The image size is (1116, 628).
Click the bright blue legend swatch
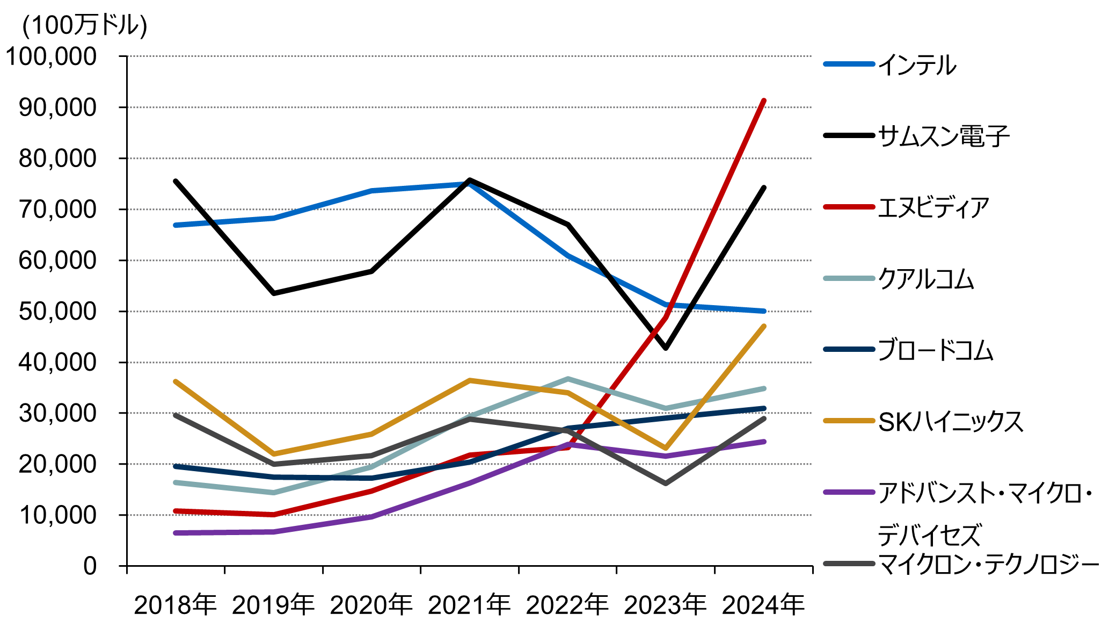849,64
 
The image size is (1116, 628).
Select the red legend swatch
849,207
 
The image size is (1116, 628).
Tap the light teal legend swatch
849,278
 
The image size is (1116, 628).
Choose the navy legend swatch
849,349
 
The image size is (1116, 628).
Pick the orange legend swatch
849,421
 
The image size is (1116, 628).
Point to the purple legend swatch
849,492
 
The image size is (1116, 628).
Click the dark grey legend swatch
849,564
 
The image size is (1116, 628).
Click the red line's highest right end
763,101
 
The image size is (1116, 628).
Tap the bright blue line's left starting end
176,225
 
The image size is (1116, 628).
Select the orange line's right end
763,327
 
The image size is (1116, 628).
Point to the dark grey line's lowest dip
666,483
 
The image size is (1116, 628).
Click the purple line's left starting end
176,533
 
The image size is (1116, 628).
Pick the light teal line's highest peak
568,379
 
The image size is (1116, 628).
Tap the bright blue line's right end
763,311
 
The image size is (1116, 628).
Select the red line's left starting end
176,511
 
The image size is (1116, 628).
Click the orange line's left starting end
176,381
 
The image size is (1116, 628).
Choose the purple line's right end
763,442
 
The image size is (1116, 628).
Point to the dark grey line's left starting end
176,415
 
